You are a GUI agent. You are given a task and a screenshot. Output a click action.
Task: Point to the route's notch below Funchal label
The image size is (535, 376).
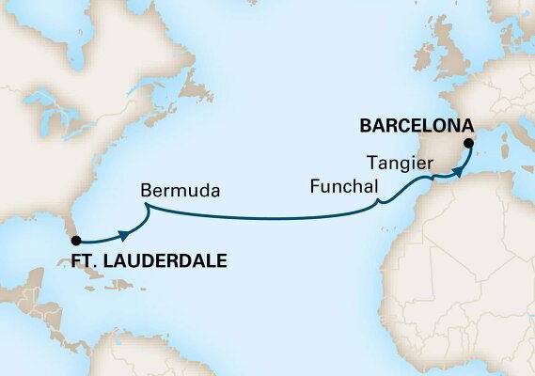point(378,202)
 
